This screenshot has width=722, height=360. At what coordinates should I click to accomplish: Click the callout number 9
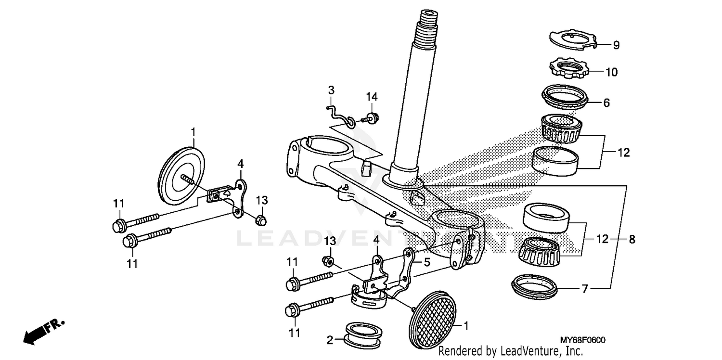tap(616, 45)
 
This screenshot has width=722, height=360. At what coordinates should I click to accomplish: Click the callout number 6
tap(606, 103)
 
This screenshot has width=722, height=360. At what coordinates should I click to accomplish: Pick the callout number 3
tap(331, 90)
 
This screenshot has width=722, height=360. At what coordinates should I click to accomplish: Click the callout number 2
tap(330, 340)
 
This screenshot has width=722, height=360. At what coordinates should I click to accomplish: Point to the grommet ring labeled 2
tap(361, 333)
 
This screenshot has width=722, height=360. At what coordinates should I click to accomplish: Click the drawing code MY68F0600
tap(582, 340)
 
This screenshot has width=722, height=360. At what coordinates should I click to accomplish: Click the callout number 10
tap(611, 73)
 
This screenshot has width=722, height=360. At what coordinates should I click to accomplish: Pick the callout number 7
tap(584, 289)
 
